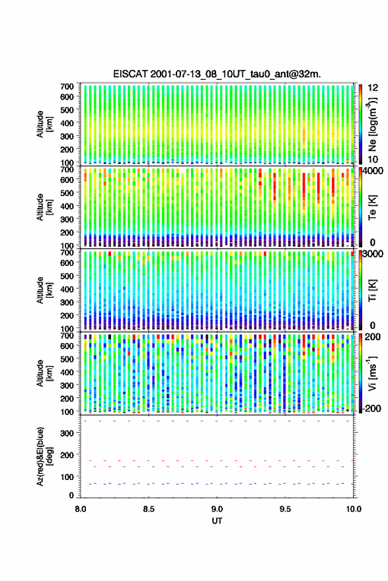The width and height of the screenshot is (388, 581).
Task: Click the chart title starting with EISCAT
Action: point(217,74)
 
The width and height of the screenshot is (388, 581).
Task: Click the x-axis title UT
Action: point(217,521)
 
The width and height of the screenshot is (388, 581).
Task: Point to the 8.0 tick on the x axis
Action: point(81,509)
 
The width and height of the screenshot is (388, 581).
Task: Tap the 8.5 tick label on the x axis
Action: point(149,509)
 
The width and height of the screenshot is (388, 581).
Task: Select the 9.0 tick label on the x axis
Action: point(217,509)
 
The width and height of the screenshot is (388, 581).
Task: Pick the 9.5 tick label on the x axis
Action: point(286,509)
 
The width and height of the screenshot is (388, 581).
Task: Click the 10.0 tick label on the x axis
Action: point(354,509)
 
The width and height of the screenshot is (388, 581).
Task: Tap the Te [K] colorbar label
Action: point(372,207)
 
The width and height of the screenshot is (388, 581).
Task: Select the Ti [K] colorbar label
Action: point(372,290)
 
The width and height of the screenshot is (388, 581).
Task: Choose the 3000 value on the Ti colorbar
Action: point(373,254)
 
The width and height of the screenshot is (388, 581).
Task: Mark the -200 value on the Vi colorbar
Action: point(370,409)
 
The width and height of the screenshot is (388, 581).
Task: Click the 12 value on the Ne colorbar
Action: point(373,88)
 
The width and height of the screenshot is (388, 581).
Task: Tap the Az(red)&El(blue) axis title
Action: point(44,456)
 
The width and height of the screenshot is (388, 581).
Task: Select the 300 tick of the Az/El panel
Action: point(67,434)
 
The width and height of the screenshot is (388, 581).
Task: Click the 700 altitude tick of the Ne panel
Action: point(67,86)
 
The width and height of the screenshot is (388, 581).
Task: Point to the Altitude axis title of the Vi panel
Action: point(44,373)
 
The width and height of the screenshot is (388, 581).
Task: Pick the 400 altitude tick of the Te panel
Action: point(67,206)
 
